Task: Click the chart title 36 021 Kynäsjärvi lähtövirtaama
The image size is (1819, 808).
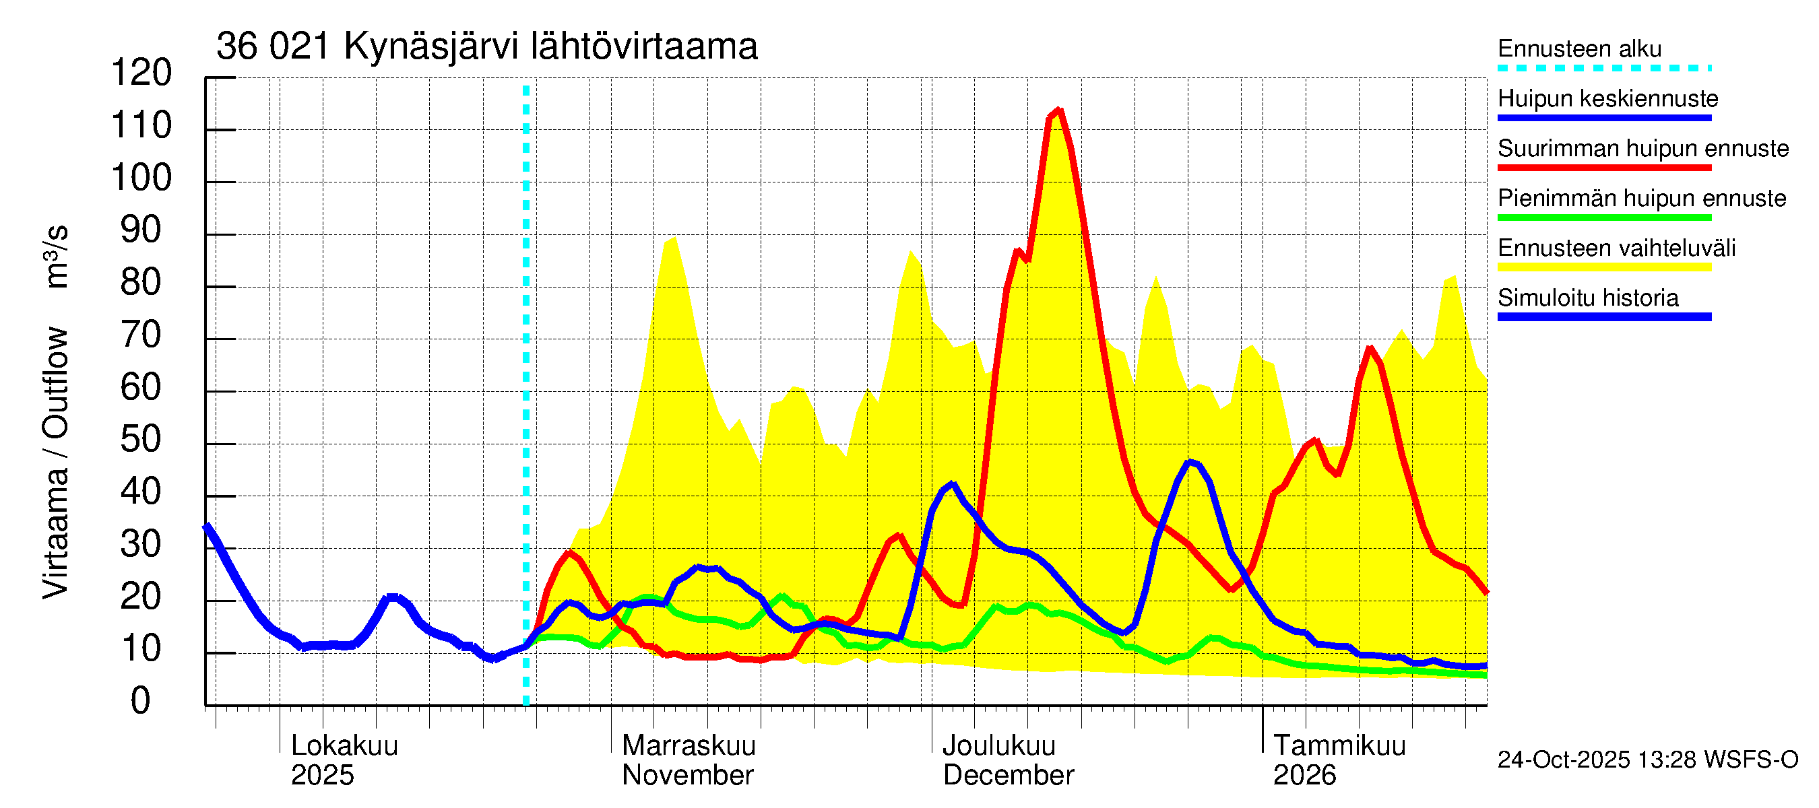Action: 486,46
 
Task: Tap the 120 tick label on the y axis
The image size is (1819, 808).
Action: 141,73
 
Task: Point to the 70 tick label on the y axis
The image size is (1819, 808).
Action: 141,335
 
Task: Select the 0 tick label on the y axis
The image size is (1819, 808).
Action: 141,701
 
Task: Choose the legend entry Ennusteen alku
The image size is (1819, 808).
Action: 1579,48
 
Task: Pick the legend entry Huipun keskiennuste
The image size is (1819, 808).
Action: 1608,99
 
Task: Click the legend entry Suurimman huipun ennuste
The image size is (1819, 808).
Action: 1642,149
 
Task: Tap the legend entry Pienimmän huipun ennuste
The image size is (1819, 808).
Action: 1641,198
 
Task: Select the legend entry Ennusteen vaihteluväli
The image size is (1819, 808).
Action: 1616,248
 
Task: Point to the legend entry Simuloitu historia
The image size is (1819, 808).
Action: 1587,298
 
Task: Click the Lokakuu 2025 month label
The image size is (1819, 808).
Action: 344,760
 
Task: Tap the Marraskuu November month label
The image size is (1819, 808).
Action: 688,760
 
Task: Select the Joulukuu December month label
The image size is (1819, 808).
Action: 1008,760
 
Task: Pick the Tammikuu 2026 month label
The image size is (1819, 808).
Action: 1339,760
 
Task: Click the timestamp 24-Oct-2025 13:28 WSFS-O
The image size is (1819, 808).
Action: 1647,760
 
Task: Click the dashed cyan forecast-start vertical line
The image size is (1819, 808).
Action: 526,395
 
